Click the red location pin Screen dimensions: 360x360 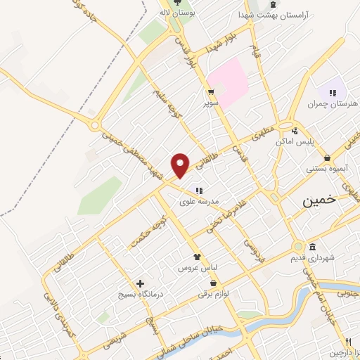[x=181, y=165]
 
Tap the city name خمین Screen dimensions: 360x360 [x=320, y=200]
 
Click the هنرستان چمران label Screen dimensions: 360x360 [x=333, y=104]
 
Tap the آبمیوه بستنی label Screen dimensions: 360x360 [x=332, y=169]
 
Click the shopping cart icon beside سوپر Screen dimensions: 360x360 [x=210, y=92]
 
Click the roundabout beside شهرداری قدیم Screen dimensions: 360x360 [x=299, y=247]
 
